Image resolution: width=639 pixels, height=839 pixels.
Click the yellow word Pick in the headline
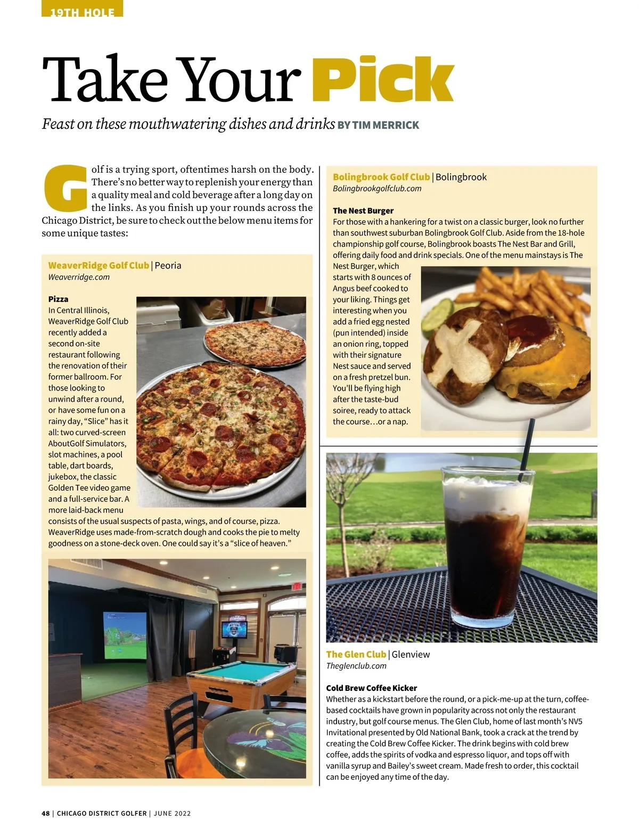pos(382,80)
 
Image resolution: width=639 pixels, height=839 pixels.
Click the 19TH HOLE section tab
pos(82,11)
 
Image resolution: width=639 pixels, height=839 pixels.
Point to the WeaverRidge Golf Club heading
pos(99,265)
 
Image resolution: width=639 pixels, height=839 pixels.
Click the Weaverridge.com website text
pos(79,277)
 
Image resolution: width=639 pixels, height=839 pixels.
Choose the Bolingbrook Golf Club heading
pos(381,177)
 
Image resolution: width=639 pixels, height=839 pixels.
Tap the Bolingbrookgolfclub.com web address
pos(377,189)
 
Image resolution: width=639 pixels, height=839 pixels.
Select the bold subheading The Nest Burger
pos(363,210)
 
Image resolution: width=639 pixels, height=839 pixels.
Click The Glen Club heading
pos(356,654)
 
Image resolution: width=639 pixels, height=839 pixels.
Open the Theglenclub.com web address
pos(356,666)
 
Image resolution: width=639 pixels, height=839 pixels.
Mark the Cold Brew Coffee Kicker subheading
pos(371,688)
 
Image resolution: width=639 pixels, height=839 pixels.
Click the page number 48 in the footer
pos(45,813)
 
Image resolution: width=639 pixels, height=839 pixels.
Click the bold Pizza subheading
pos(58,299)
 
